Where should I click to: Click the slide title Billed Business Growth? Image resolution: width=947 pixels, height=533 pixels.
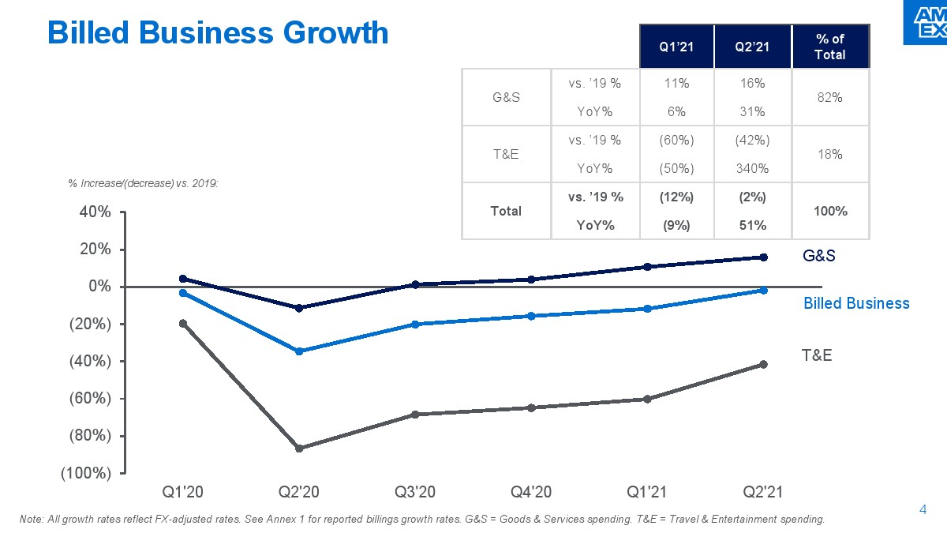tap(218, 33)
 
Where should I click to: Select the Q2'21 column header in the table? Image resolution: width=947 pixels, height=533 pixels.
tap(752, 47)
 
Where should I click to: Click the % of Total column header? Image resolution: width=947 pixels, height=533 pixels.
tap(829, 47)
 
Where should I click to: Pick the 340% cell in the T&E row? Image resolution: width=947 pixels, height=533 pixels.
tap(752, 168)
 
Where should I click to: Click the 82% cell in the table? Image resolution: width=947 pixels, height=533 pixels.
tap(829, 97)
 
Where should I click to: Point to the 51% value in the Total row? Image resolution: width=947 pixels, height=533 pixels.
tap(752, 225)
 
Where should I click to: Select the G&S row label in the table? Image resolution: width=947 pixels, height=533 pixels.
tap(505, 97)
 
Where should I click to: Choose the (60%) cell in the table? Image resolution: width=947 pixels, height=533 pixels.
tap(676, 141)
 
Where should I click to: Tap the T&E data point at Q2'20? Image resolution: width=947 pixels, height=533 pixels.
tap(299, 449)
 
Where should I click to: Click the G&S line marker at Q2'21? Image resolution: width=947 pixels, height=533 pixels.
tap(763, 257)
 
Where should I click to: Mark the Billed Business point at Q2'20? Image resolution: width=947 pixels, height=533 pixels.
tap(299, 351)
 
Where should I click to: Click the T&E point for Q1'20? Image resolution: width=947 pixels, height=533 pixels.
tap(183, 323)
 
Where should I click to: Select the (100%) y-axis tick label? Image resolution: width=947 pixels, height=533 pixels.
tap(87, 473)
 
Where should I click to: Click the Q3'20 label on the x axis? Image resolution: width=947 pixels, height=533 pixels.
tap(415, 492)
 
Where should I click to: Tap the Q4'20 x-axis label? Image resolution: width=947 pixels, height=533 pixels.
tap(531, 492)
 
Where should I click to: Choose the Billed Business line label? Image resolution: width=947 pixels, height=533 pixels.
tap(856, 303)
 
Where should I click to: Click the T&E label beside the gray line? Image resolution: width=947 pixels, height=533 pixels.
tap(817, 355)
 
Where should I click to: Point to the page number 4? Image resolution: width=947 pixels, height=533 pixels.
tap(923, 510)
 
